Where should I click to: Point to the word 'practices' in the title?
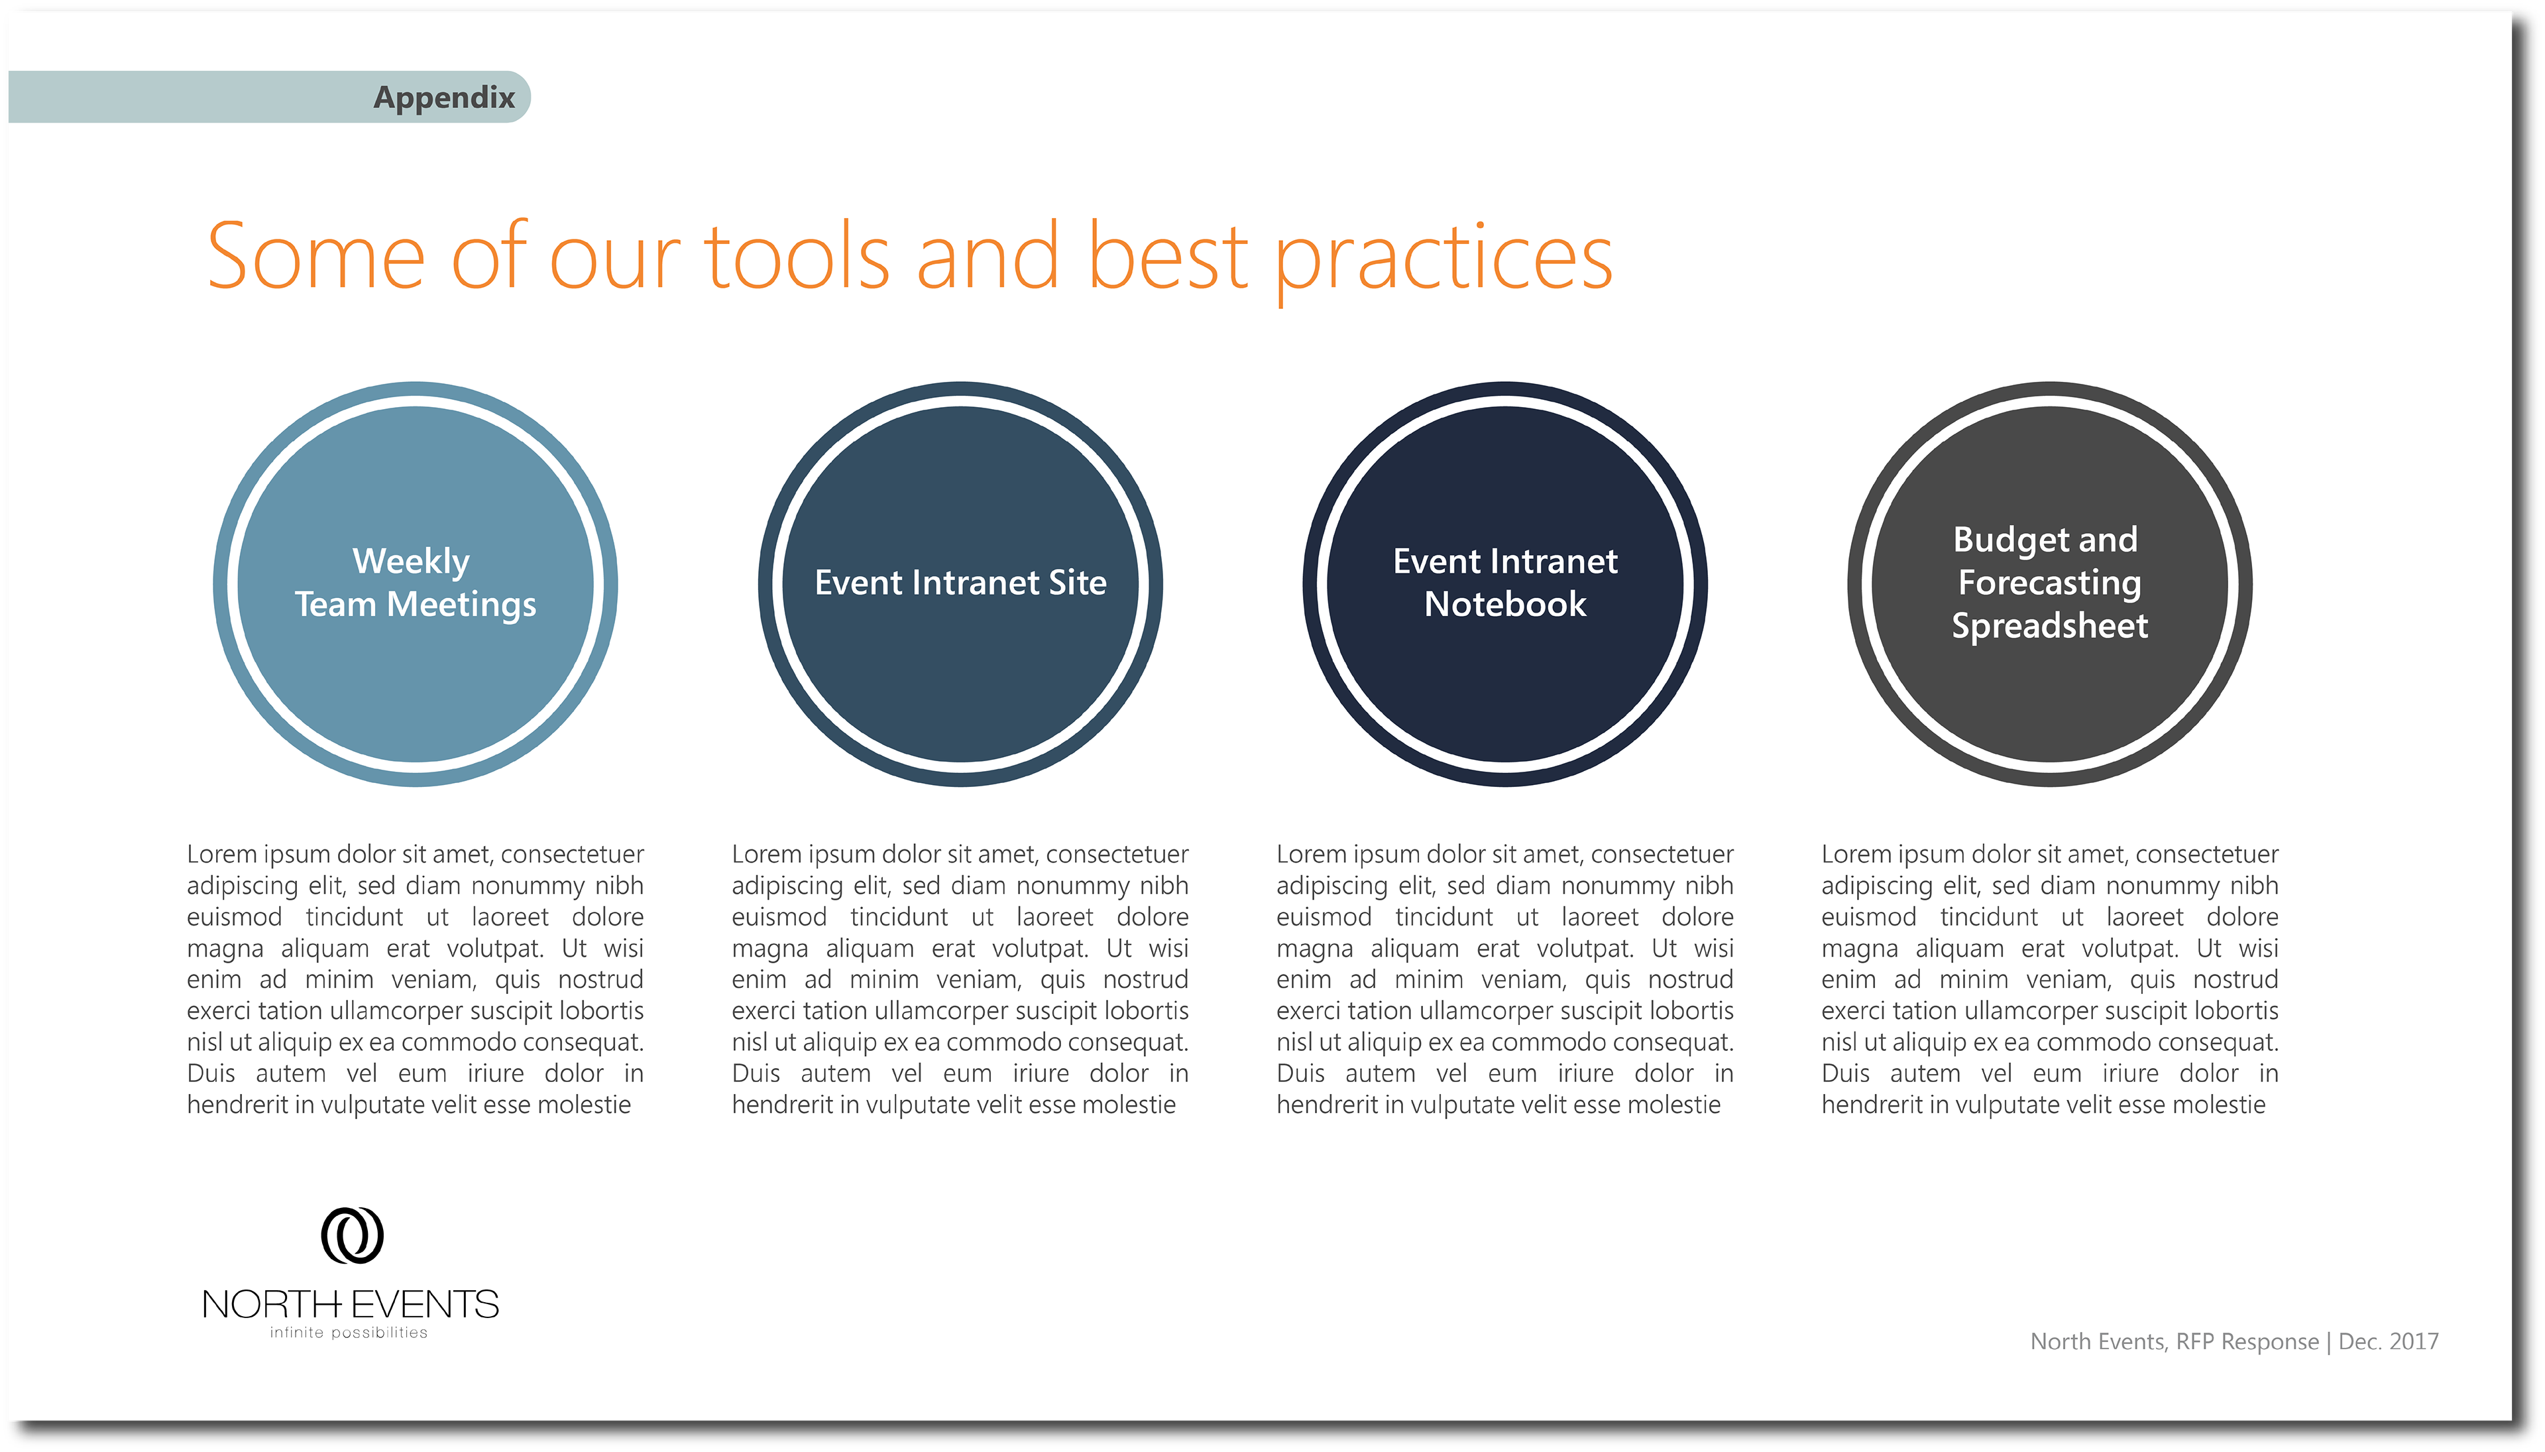pos(1443,261)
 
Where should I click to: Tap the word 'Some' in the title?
pos(316,257)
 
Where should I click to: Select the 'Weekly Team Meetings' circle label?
pos(415,582)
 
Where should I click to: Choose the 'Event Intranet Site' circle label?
pos(960,582)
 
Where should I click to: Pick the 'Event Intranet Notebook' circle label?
pos(1505,582)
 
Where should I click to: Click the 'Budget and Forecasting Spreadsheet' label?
pos(2049,582)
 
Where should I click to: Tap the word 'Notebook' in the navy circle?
pos(1505,604)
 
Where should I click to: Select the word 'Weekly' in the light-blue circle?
pos(411,562)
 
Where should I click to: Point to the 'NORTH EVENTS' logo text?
pos(350,1304)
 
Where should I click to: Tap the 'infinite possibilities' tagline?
pos(348,1333)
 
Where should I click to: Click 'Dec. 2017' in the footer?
pos(2389,1341)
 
